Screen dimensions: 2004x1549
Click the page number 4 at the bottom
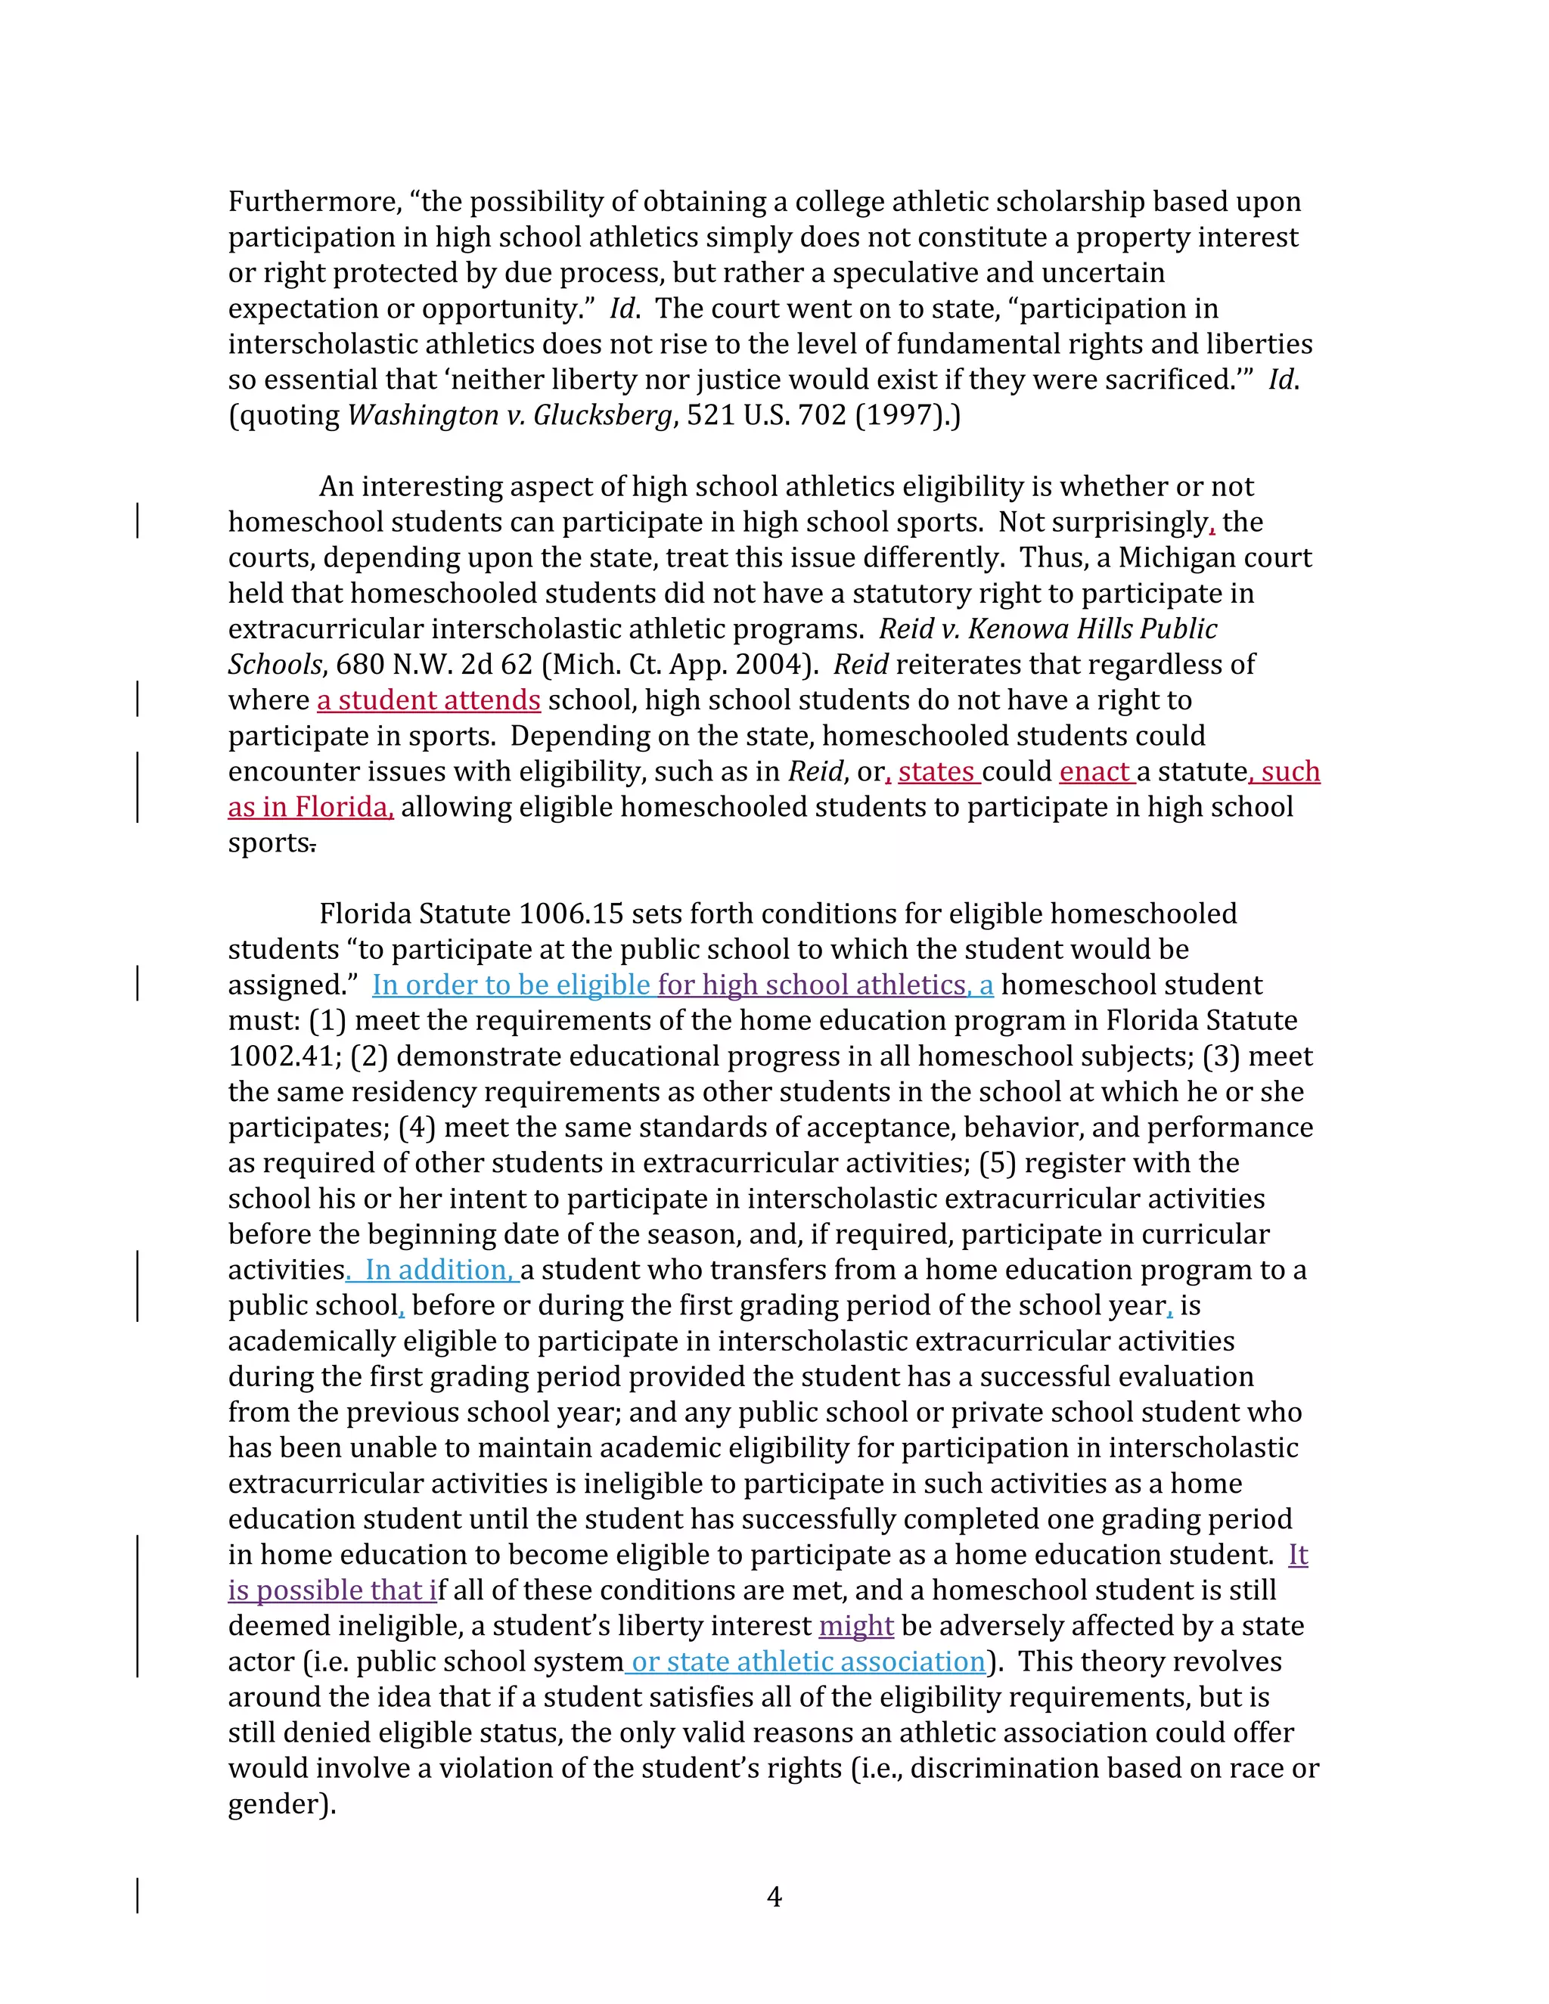774,1897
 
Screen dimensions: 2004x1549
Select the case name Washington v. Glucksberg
509,416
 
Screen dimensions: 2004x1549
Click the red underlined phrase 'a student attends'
429,700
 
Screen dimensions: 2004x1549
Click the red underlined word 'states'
937,771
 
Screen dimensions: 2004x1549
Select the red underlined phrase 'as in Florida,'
310,808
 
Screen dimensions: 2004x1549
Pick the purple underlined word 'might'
855,1626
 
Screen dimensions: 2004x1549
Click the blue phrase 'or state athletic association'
808,1661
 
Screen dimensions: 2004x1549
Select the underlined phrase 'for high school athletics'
812,985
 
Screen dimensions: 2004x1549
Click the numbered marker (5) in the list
998,1164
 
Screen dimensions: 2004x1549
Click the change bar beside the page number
138,1896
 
